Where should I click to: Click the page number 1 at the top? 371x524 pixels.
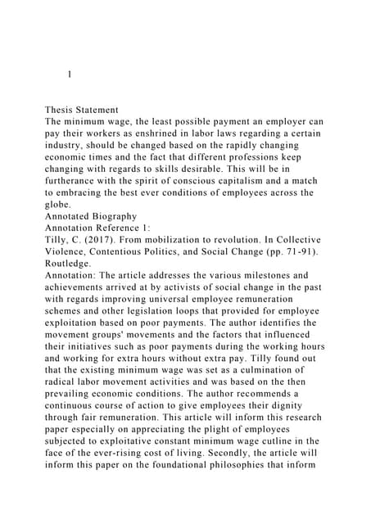coord(70,75)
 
